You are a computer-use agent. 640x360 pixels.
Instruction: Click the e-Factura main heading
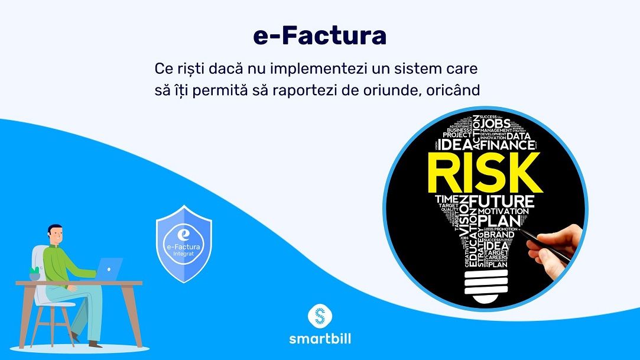point(320,36)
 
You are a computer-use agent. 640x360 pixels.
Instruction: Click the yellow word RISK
point(483,171)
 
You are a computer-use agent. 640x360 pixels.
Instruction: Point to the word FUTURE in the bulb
point(502,201)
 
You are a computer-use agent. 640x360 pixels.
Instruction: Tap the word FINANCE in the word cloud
point(508,144)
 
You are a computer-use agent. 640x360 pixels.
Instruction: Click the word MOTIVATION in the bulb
point(503,212)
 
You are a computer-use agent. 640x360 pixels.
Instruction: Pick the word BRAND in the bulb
point(499,235)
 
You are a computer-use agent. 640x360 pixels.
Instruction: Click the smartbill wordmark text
point(320,339)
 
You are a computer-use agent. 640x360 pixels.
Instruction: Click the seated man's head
point(55,235)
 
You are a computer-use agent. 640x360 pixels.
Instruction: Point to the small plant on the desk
point(35,273)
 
